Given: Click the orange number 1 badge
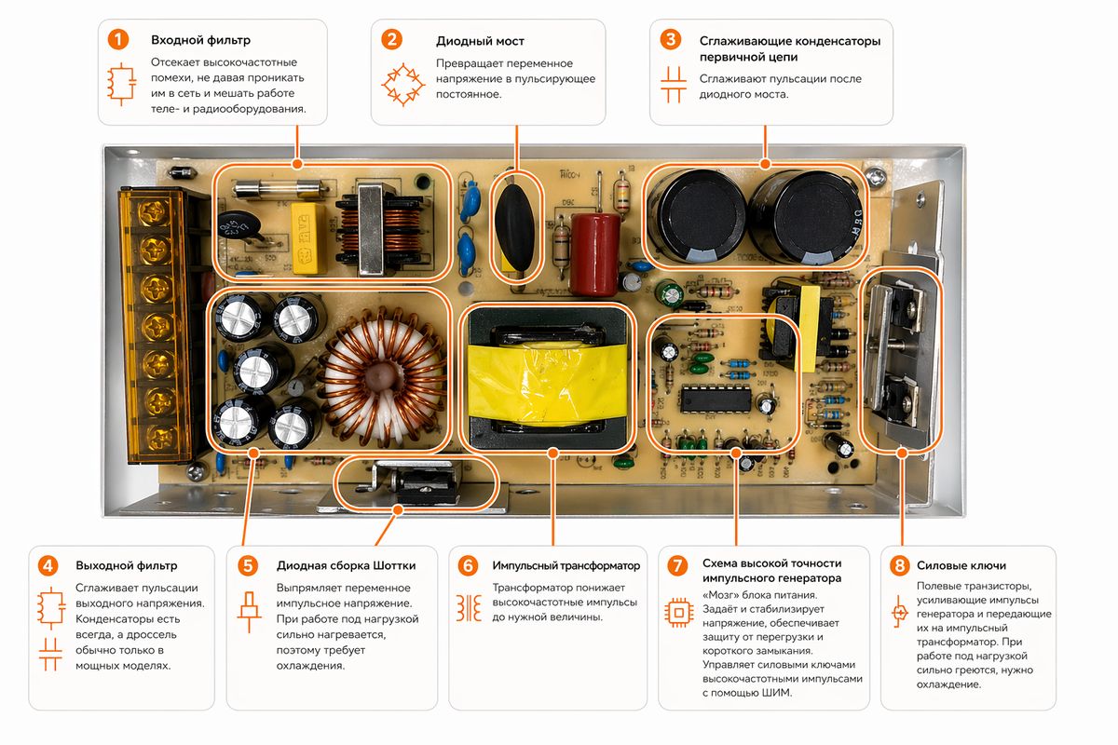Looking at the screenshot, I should [118, 40].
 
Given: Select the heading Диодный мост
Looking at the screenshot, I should [480, 41].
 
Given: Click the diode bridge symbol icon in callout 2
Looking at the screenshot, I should [402, 83].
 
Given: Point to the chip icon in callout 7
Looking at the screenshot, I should [679, 611].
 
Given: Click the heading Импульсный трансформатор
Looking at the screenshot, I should [566, 566].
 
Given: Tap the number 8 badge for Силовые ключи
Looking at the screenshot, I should [899, 565].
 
